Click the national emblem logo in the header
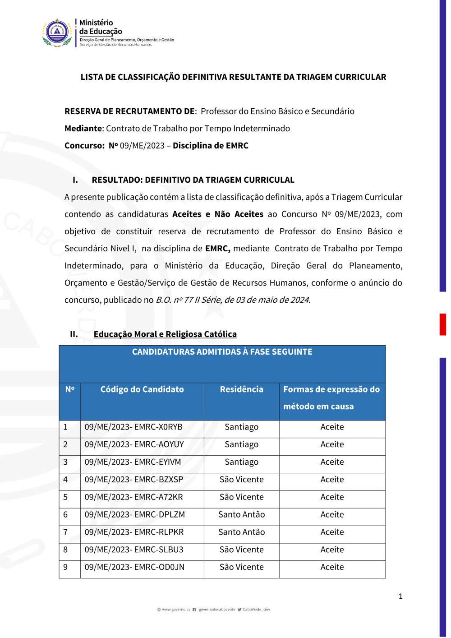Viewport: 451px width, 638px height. tap(57, 33)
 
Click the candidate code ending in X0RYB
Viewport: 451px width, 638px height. tap(133, 427)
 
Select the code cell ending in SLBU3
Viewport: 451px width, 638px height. tap(134, 550)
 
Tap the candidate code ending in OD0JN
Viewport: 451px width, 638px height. tap(134, 567)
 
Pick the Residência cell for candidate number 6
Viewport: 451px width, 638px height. tap(241, 514)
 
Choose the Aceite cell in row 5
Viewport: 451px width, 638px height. tap(332, 497)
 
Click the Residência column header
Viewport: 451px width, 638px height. tap(241, 389)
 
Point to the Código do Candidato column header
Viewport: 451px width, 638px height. tap(142, 389)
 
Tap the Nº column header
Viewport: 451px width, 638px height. tap(69, 389)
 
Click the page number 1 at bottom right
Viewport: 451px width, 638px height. tap(400, 596)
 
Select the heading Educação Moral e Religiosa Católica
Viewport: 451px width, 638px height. tap(165, 334)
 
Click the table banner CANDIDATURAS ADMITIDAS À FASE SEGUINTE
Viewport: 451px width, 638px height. tap(222, 352)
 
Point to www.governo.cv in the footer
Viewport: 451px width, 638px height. tap(176, 610)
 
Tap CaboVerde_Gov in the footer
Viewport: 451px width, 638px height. tap(256, 610)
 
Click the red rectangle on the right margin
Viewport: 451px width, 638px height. tap(443, 324)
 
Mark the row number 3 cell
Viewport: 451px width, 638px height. tap(65, 462)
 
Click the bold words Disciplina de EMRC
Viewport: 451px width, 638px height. tap(211, 146)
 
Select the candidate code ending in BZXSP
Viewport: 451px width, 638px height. tap(134, 480)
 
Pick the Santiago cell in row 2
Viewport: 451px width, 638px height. tap(241, 444)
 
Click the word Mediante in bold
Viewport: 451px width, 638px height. tap(83, 129)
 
